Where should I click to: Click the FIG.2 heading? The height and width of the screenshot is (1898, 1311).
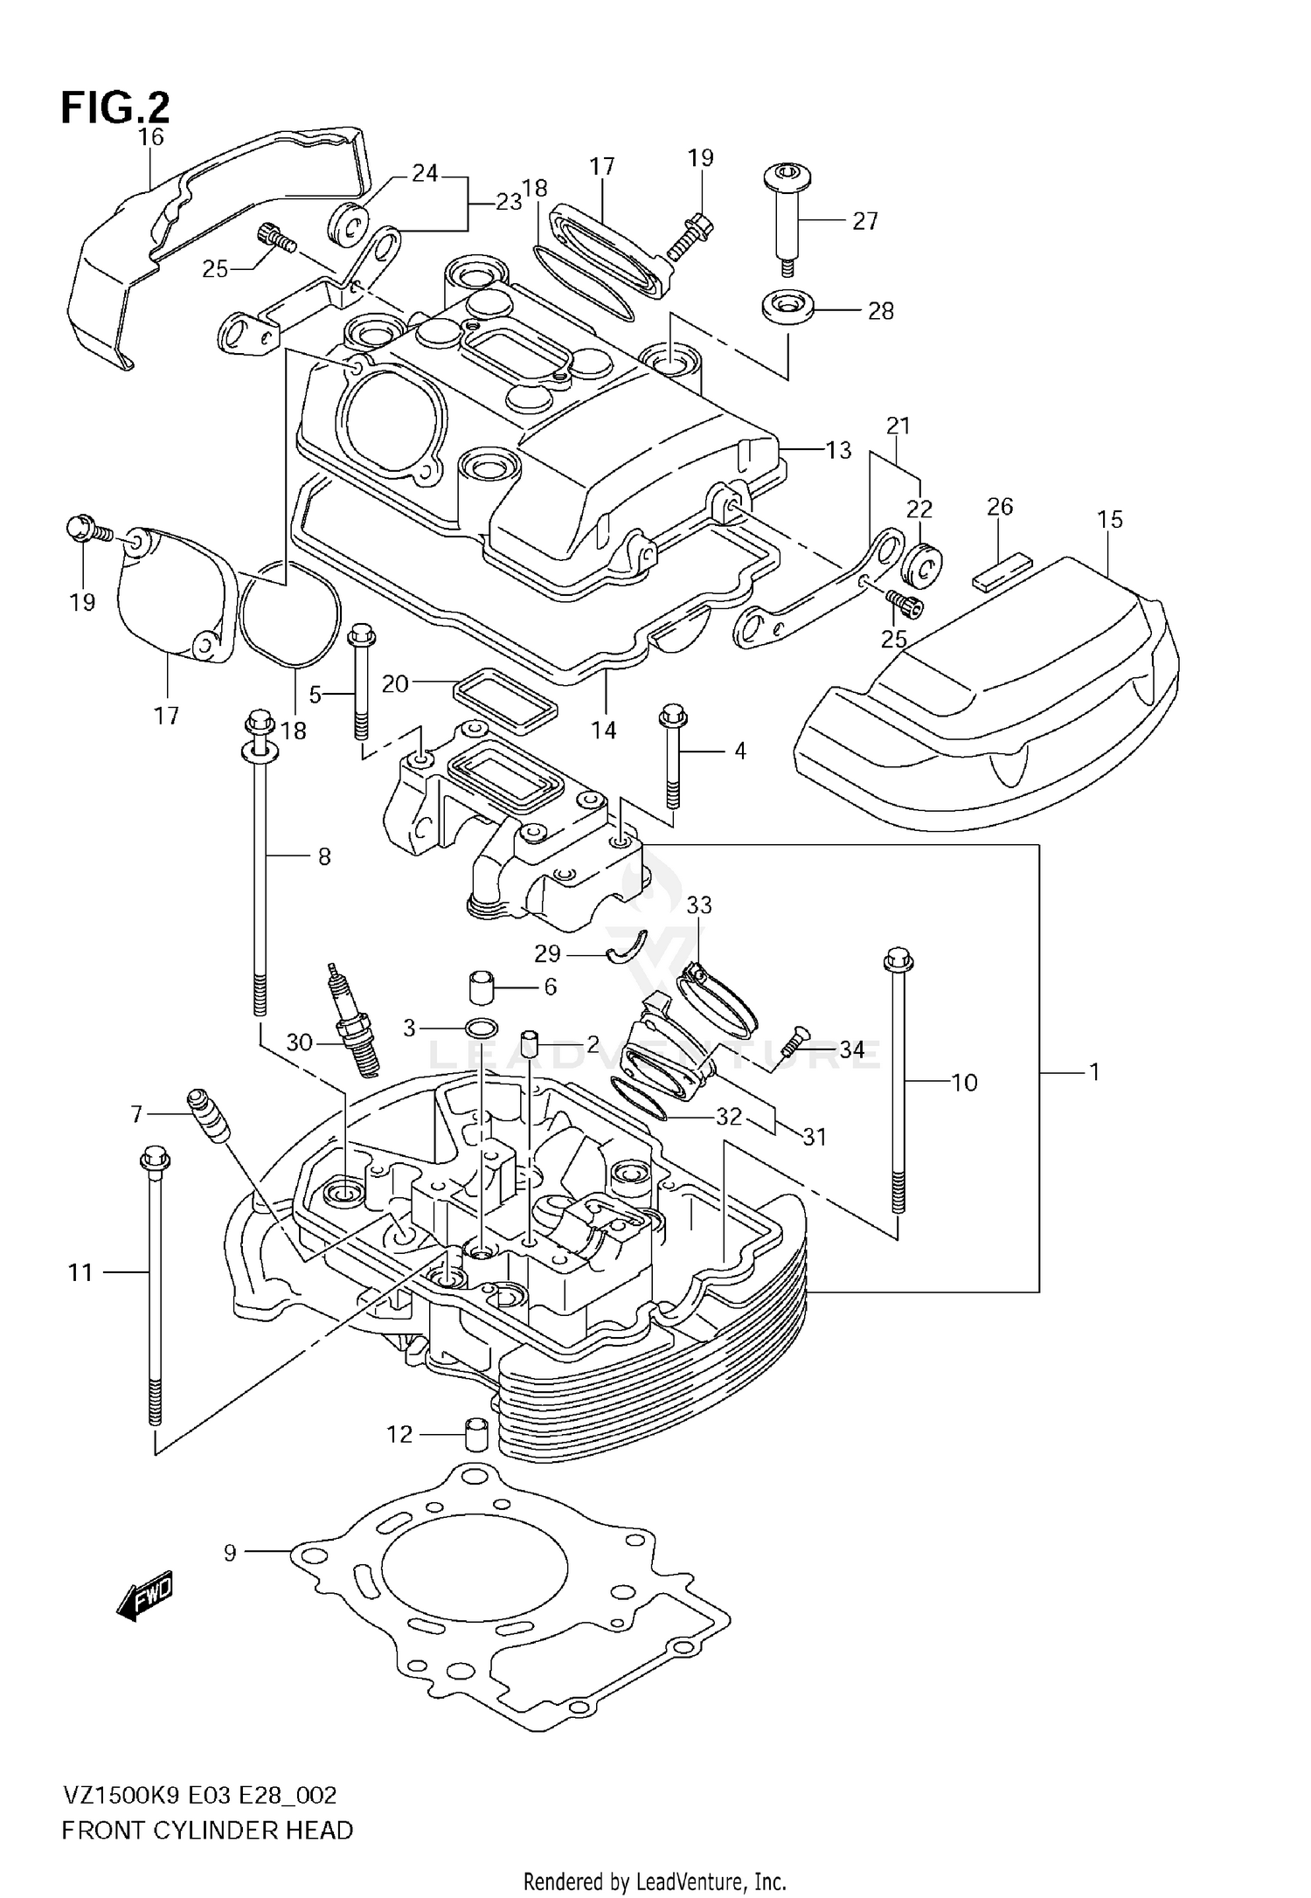click(114, 107)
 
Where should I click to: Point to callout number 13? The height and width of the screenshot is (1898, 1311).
click(838, 450)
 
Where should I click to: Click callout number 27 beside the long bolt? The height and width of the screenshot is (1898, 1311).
click(864, 221)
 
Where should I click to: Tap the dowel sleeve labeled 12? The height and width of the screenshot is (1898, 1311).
click(476, 1433)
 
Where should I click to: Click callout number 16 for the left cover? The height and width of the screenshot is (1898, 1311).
click(150, 136)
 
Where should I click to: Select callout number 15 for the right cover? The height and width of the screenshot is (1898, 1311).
click(1109, 519)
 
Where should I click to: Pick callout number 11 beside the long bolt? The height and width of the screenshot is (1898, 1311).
click(80, 1273)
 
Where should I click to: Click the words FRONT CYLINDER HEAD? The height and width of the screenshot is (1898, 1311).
click(207, 1830)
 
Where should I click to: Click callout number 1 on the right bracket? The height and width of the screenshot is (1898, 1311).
click(1093, 1071)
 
